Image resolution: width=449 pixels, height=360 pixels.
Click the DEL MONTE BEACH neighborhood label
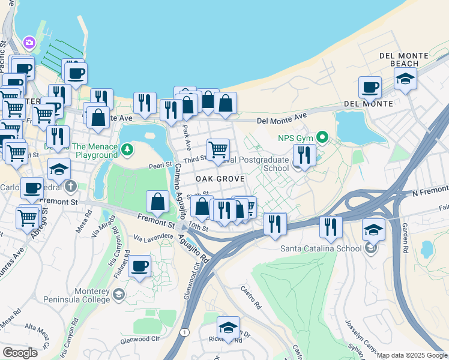[x=400, y=59]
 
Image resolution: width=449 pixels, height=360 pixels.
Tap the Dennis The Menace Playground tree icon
[x=126, y=149]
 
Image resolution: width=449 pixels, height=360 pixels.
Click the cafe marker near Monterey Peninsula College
[x=140, y=266]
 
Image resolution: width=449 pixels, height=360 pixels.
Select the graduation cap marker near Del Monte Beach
[x=406, y=79]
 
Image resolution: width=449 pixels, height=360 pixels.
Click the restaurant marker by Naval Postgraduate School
[x=304, y=155]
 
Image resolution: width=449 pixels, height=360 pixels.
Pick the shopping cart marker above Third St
[x=218, y=149]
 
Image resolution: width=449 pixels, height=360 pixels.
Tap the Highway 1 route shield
[x=185, y=332]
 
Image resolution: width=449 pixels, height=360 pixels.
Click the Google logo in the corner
[x=20, y=353]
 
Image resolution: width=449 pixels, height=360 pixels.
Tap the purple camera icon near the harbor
[x=29, y=43]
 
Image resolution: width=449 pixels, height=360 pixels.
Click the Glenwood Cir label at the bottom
[x=140, y=339]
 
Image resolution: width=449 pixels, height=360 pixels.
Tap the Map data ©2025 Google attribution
[x=412, y=355]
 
